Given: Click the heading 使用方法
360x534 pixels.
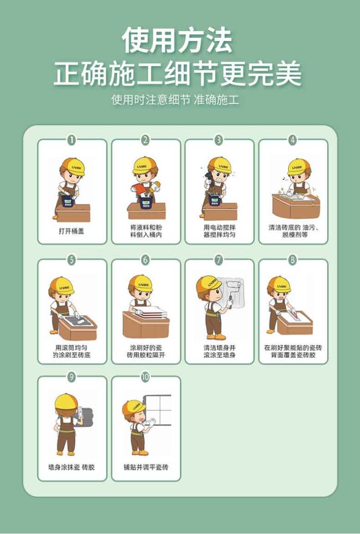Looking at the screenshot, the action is (x=177, y=41).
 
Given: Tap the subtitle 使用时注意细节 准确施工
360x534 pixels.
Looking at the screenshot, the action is (x=175, y=99).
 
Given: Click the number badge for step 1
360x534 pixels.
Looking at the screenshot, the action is (x=72, y=140).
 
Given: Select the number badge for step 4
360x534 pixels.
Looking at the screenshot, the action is (x=293, y=140).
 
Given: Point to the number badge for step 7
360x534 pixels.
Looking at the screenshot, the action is (x=219, y=260).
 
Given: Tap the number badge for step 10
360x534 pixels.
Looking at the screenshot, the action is (x=145, y=377).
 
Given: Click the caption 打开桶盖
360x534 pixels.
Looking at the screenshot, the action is (x=72, y=231).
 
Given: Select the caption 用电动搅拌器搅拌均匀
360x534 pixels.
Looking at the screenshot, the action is (x=219, y=231).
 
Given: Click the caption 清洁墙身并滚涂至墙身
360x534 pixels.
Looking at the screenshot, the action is (x=219, y=351).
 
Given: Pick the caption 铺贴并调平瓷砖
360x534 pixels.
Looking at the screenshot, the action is (x=146, y=467).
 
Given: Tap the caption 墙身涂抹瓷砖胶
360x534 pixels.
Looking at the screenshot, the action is (x=72, y=467).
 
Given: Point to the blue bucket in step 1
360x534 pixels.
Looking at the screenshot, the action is (x=69, y=201).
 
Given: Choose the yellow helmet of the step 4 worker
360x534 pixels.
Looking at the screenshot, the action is (x=300, y=167).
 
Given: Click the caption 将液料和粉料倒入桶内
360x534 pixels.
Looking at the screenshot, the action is (x=146, y=231).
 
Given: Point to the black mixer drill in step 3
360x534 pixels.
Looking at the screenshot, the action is (x=208, y=179).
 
